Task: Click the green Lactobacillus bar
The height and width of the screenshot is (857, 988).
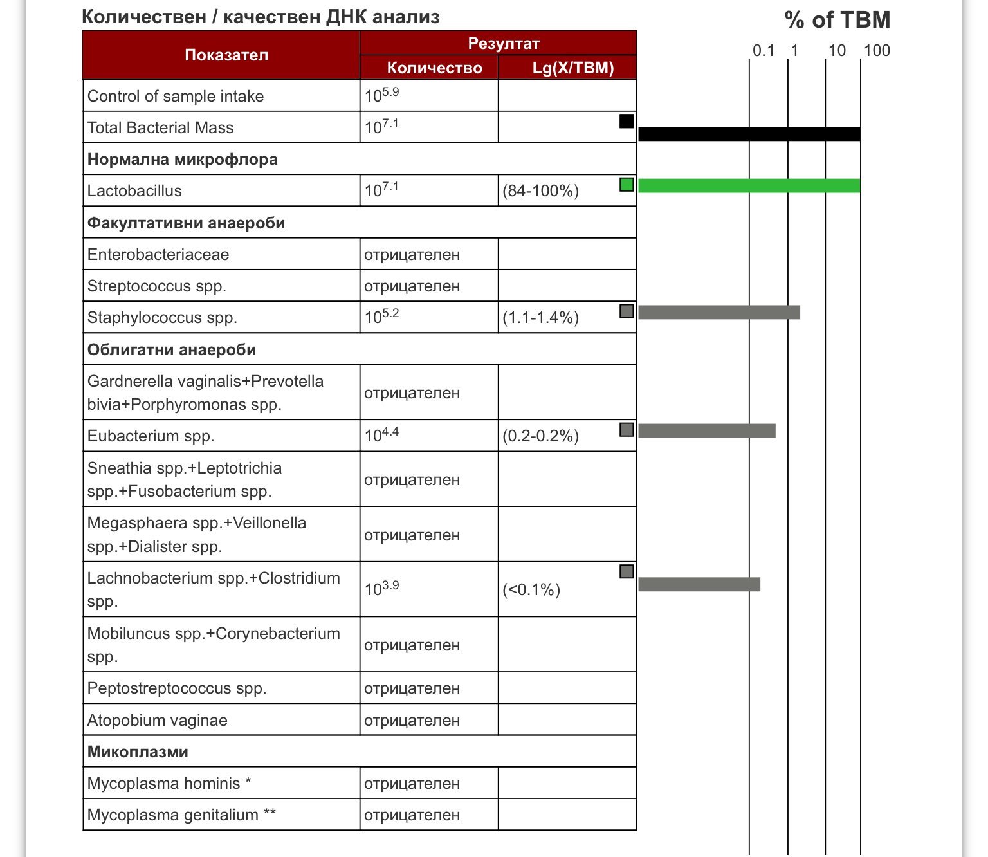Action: tap(749, 186)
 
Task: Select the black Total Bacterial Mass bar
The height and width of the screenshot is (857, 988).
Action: tap(749, 134)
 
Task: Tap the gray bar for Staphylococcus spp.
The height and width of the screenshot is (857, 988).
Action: tap(718, 312)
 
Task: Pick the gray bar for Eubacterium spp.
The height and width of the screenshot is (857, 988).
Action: tap(706, 430)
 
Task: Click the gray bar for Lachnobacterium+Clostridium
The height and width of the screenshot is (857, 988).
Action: tap(699, 584)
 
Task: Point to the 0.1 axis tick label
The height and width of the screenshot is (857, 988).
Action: tap(763, 51)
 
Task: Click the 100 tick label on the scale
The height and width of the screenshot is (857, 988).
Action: tap(876, 51)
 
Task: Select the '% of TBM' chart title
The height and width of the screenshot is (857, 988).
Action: tap(837, 20)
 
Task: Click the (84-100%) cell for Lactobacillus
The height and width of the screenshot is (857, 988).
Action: tap(540, 191)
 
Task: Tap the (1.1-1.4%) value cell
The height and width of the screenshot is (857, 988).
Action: tap(540, 318)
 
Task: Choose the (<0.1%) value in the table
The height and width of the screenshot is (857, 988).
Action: tap(531, 590)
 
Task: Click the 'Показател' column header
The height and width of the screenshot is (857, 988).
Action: tap(226, 55)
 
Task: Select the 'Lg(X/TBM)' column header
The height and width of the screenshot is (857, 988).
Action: tap(572, 68)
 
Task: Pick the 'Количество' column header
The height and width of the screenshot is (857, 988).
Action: tap(434, 68)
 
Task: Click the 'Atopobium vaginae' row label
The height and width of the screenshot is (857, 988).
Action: tap(158, 720)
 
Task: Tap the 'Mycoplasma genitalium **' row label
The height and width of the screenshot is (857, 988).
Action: tap(181, 815)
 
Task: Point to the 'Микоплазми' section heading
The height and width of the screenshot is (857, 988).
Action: tap(138, 751)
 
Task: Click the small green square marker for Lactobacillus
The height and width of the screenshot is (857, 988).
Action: tap(626, 185)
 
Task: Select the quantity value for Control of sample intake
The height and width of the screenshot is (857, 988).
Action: tap(381, 96)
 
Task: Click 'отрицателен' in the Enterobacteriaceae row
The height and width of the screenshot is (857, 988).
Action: tap(412, 255)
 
